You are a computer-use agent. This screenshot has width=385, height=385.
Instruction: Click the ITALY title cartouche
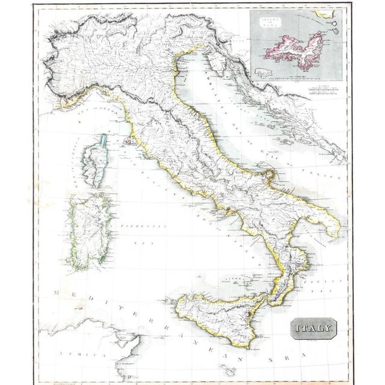click(312, 328)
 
